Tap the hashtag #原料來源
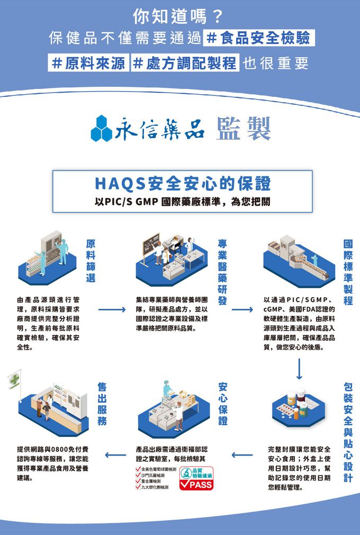89,64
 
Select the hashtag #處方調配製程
184,64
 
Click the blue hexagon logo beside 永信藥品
102,129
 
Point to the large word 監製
244,129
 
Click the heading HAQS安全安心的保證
183,184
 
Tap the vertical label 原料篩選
91,261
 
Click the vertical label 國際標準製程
348,272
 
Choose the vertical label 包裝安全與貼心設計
348,432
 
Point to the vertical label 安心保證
223,404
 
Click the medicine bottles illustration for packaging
296,405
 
